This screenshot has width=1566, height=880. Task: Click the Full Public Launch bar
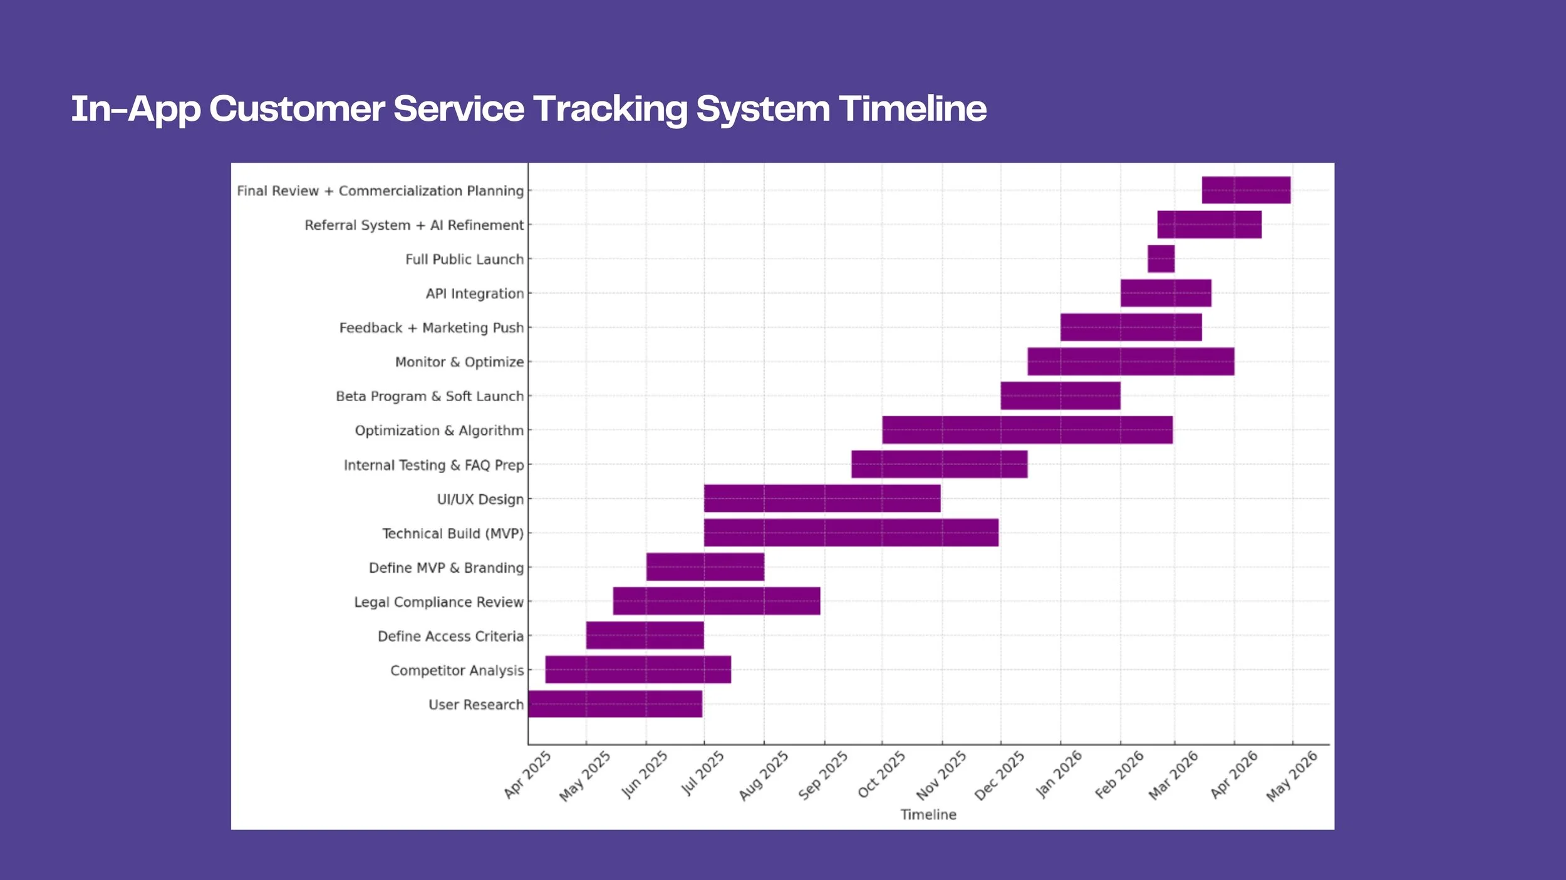pos(1161,258)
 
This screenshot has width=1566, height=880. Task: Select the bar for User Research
pos(615,704)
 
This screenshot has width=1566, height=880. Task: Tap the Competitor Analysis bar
pos(638,670)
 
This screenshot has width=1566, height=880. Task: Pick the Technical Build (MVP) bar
pos(851,533)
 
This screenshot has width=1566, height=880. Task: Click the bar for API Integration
pos(1166,293)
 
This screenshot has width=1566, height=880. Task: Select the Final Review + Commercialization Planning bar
pos(1246,190)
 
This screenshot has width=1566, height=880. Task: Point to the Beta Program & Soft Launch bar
pos(1060,396)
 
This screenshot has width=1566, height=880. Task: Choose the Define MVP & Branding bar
pos(705,566)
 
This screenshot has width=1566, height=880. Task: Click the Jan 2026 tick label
pos(1059,774)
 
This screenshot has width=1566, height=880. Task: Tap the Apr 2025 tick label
pos(527,775)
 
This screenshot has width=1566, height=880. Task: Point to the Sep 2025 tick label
pos(823,775)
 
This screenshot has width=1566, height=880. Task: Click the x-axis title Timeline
pos(928,814)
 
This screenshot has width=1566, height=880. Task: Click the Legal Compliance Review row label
pos(438,602)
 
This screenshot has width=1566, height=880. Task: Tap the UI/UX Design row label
pos(480,499)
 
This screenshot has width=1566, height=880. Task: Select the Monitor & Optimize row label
pos(459,362)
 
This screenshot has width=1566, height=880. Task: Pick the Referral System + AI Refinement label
pos(414,225)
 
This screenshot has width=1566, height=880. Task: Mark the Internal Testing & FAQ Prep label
pos(433,465)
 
